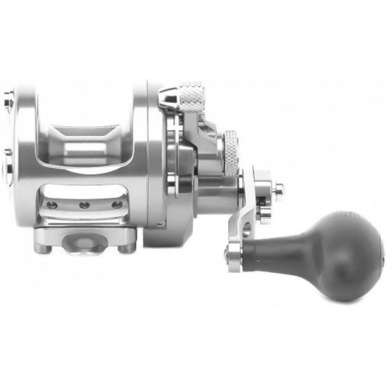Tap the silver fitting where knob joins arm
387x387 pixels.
click(234, 253)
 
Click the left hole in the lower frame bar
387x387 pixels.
click(52, 205)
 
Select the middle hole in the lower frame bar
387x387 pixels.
click(84, 205)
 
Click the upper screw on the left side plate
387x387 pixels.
click(9, 94)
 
